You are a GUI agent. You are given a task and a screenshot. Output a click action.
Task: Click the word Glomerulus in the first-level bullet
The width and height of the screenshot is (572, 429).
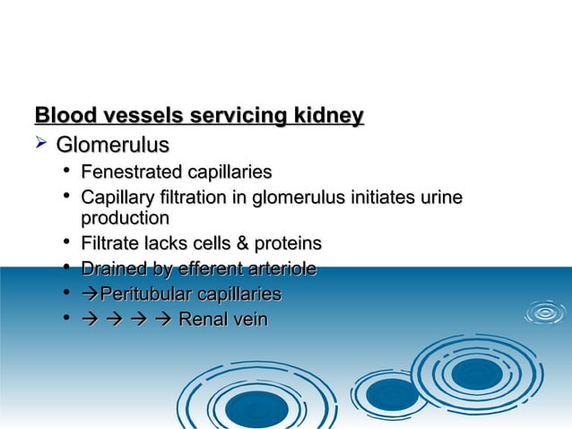pyautogui.click(x=112, y=144)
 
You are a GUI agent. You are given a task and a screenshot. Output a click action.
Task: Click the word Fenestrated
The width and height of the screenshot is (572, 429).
pyautogui.click(x=130, y=171)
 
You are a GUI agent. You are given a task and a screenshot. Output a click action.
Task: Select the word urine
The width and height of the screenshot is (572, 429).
pyautogui.click(x=440, y=197)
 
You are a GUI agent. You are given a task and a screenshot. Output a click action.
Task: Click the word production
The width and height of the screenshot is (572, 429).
pyautogui.click(x=125, y=218)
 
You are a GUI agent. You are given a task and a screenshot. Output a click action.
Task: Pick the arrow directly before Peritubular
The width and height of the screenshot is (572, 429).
pyautogui.click(x=90, y=294)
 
